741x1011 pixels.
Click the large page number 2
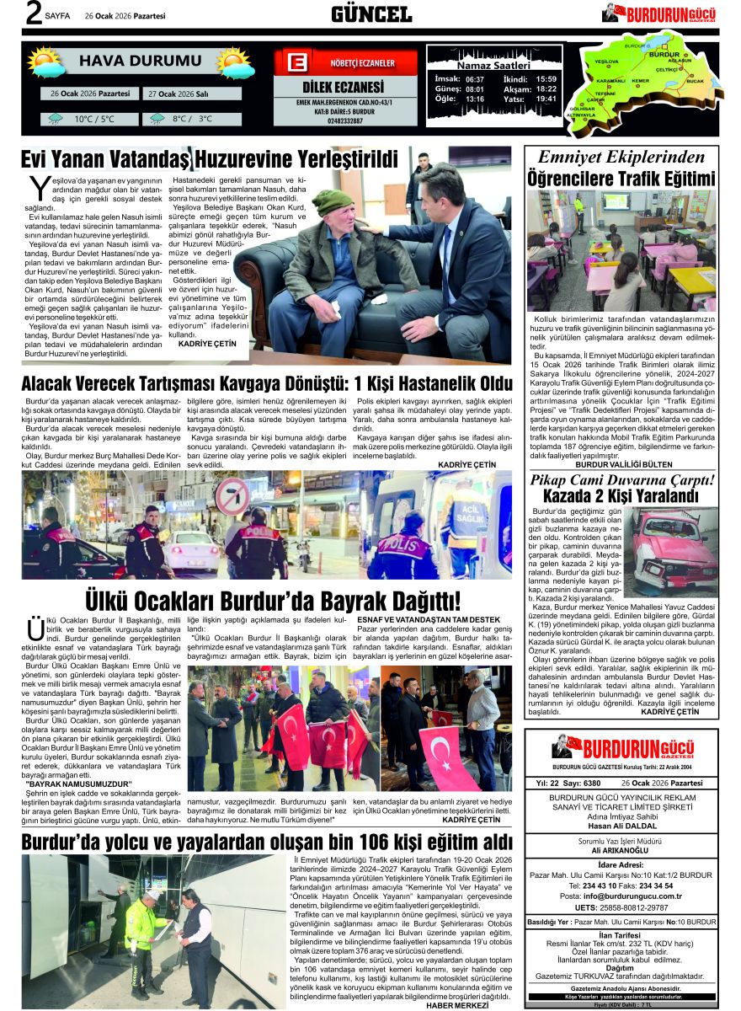[34, 13]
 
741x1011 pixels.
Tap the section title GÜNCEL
[371, 13]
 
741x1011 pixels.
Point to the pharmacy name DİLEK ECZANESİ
[342, 88]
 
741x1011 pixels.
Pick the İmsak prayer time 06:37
[475, 79]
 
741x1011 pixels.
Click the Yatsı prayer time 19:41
[546, 99]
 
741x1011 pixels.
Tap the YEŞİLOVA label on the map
[606, 62]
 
